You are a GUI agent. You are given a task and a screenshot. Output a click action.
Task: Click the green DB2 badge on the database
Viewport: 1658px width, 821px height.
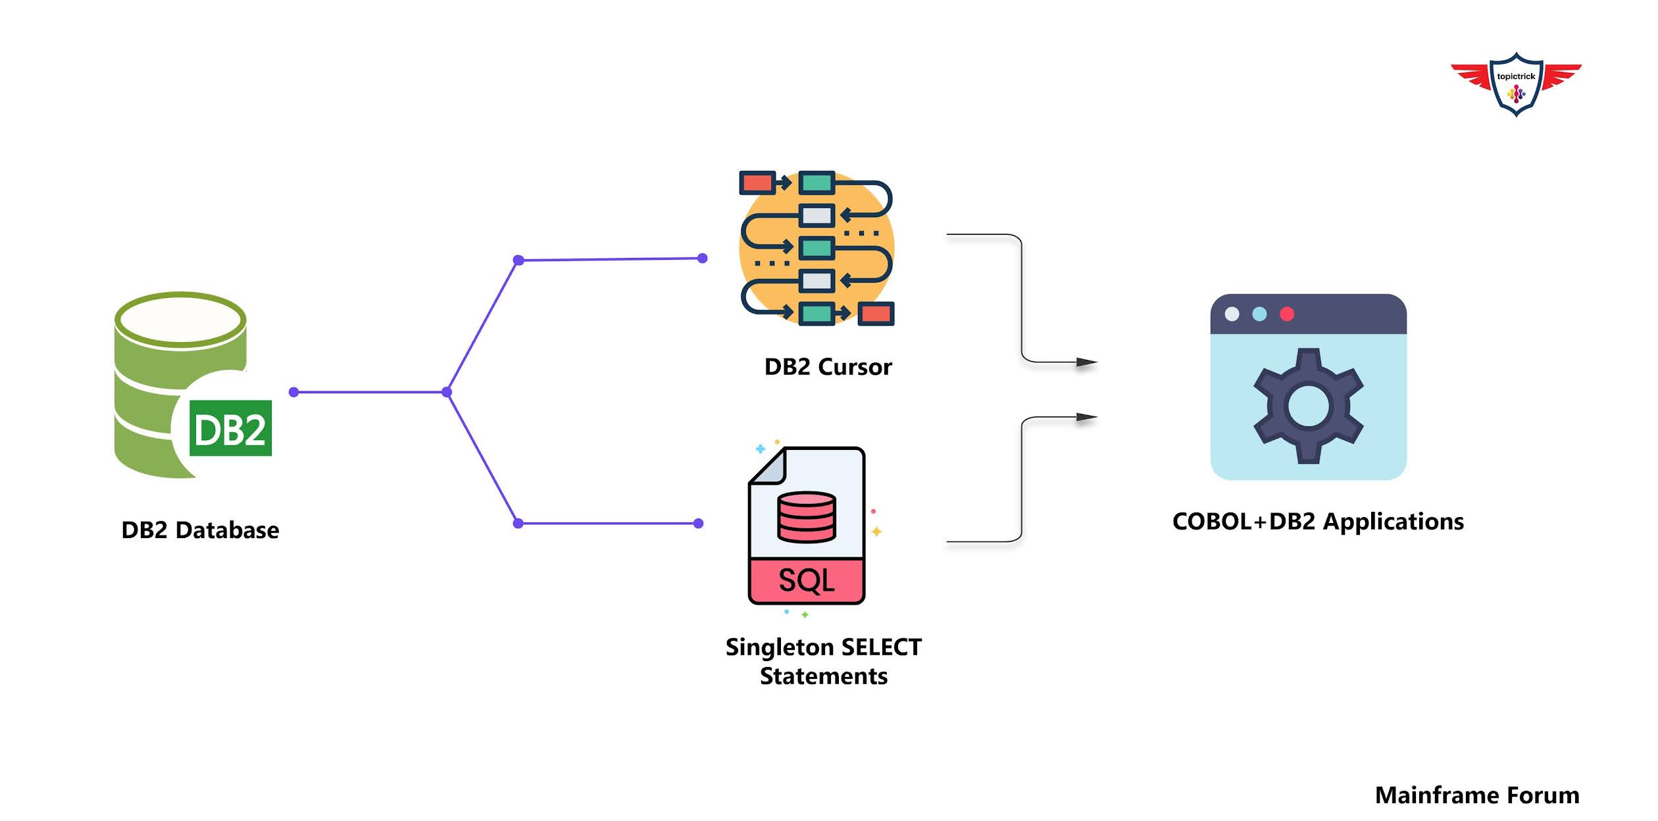pyautogui.click(x=230, y=429)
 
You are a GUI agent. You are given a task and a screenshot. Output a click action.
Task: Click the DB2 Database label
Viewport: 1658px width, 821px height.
pyautogui.click(x=200, y=530)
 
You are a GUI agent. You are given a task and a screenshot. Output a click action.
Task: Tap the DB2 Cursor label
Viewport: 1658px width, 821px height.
pyautogui.click(x=828, y=367)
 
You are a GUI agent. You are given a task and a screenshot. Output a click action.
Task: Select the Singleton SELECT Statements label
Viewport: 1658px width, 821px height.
pyautogui.click(x=823, y=662)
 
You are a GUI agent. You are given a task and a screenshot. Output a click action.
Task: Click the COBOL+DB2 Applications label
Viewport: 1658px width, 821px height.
pyautogui.click(x=1318, y=522)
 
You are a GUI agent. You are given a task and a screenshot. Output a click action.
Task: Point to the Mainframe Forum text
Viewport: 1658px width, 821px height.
pyautogui.click(x=1476, y=795)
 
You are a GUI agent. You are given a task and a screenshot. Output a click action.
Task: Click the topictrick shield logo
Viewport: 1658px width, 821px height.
pyautogui.click(x=1516, y=84)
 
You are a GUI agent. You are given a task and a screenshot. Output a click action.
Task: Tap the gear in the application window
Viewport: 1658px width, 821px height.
pyautogui.click(x=1308, y=406)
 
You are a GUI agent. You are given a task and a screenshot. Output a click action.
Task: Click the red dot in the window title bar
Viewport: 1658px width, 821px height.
pyautogui.click(x=1287, y=314)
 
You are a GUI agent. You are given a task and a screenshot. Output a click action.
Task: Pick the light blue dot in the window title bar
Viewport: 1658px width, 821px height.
pyautogui.click(x=1259, y=314)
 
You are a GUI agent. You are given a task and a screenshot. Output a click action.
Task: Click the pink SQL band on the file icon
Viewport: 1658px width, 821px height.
pyautogui.click(x=806, y=580)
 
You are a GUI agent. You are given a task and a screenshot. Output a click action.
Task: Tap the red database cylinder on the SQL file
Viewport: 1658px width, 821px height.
pyautogui.click(x=806, y=517)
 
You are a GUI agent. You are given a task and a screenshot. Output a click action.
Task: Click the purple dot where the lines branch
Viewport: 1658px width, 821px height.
pyautogui.click(x=447, y=392)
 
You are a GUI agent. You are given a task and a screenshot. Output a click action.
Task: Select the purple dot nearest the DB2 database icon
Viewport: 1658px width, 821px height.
pyautogui.click(x=294, y=392)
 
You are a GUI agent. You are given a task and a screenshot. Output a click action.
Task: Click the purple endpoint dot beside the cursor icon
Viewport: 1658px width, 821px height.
pyautogui.click(x=702, y=259)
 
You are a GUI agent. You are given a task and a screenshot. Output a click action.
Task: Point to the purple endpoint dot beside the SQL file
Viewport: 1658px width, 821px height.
pyautogui.click(x=699, y=524)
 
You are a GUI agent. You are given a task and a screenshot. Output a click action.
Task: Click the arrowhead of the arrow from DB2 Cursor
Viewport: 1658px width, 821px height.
pyautogui.click(x=1086, y=362)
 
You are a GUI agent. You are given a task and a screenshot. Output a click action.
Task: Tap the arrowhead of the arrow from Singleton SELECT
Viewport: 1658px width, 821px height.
pyautogui.click(x=1086, y=417)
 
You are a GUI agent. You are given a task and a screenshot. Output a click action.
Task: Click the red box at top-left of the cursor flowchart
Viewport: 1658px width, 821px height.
pyautogui.click(x=757, y=182)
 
